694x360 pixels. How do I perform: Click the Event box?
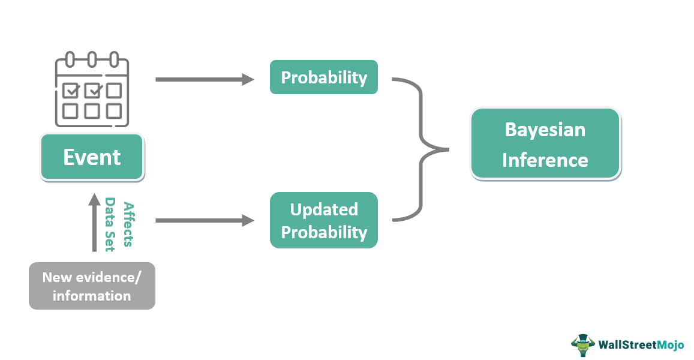92,157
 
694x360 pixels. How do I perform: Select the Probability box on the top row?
324,77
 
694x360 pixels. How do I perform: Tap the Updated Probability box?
324,220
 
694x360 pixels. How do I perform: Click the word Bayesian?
545,130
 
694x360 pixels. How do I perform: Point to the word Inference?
545,160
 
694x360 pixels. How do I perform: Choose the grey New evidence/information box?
92,286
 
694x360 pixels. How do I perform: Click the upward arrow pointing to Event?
94,222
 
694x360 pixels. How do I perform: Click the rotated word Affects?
127,224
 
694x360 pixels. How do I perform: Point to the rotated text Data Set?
110,224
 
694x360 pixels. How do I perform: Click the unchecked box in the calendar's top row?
114,91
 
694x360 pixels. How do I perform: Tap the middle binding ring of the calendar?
92,60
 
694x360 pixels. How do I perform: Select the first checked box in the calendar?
70,91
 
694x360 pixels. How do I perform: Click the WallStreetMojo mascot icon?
582,345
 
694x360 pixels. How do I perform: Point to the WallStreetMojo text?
641,345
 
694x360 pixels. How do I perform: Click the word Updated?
324,209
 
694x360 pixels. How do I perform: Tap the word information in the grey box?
92,296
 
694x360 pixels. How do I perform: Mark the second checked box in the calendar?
92,91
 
